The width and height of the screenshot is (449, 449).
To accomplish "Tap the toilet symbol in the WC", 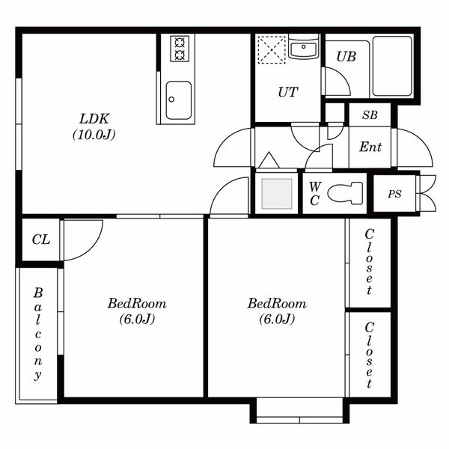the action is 345,193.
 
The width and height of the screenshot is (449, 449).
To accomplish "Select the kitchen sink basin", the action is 178,100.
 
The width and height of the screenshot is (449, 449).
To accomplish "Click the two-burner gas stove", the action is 180,49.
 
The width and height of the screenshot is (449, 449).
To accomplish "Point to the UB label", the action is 346,57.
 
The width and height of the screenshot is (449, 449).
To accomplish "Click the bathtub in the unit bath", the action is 392,66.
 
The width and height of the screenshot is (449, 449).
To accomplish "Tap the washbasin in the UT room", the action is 304,48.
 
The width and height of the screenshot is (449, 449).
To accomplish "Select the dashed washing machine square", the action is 272,49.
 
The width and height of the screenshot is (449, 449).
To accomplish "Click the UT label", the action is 288,92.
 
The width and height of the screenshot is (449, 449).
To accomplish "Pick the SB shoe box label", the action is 370,114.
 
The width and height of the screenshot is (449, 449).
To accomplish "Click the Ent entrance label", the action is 370,147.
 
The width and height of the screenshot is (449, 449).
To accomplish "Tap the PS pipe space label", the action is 394,194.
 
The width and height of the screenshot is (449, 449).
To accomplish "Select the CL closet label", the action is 41,239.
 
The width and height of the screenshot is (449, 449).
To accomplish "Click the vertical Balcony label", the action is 38,334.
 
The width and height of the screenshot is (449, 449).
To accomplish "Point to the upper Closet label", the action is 369,262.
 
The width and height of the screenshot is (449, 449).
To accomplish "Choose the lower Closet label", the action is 369,355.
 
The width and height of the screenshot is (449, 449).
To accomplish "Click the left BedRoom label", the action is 137,311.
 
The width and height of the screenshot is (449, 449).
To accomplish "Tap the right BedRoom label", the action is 277,311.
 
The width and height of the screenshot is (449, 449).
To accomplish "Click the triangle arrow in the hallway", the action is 269,160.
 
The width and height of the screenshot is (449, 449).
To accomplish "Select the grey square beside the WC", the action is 277,194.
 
